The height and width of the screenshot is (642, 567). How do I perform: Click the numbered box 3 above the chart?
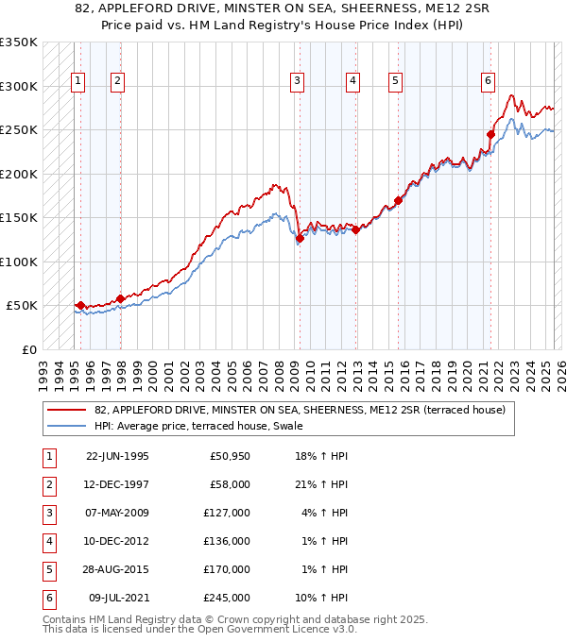297,82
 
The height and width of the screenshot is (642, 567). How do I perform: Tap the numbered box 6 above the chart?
488,82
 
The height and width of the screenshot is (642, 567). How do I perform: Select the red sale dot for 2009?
300,239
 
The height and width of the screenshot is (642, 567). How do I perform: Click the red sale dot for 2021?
490,135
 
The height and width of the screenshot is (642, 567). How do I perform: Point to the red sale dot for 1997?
120,299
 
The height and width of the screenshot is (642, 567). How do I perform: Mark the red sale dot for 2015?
398,200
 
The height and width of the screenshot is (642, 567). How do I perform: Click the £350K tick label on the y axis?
19,42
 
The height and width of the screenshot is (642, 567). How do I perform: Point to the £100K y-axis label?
19,262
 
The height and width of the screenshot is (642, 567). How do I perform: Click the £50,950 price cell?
228,457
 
